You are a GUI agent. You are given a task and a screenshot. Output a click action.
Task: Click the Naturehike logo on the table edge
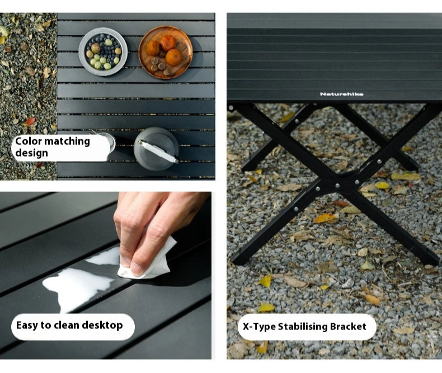pos(341,94)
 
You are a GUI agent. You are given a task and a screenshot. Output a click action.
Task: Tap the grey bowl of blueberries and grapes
pos(103,52)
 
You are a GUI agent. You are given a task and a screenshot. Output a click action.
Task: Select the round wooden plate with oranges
pos(166,52)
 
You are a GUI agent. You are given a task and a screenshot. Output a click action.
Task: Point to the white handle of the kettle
pos(158,152)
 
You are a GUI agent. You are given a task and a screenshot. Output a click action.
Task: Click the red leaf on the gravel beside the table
pos(31,121)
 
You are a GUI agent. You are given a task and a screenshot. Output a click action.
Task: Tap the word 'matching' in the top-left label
pos(68,141)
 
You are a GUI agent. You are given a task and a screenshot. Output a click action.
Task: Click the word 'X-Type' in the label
pos(259,327)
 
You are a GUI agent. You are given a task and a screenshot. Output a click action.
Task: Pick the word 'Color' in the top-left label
pos(28,141)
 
